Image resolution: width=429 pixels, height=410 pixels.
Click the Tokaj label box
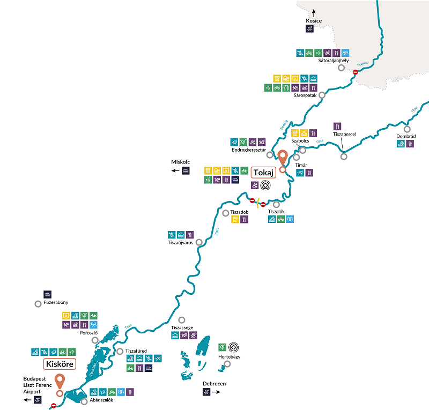coord(263,172)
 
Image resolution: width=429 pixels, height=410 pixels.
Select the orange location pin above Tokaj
coord(283,158)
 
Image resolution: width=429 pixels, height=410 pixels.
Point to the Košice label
coord(313,20)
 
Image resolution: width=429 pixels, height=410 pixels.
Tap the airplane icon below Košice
coord(309,29)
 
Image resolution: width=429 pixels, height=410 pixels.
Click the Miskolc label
coord(181,162)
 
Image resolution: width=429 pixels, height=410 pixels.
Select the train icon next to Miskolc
coord(186,171)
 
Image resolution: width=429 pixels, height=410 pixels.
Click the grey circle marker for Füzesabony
coord(38,304)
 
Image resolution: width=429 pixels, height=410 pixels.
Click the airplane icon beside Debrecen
coord(206,392)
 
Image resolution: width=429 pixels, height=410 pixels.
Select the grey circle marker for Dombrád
coord(407,129)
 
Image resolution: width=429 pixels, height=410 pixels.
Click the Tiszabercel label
coord(344,135)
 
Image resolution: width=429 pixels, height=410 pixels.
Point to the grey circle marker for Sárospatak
coord(322,95)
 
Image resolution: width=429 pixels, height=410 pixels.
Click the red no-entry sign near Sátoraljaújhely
coord(355,72)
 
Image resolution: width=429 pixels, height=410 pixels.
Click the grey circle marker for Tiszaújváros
coord(199,242)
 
